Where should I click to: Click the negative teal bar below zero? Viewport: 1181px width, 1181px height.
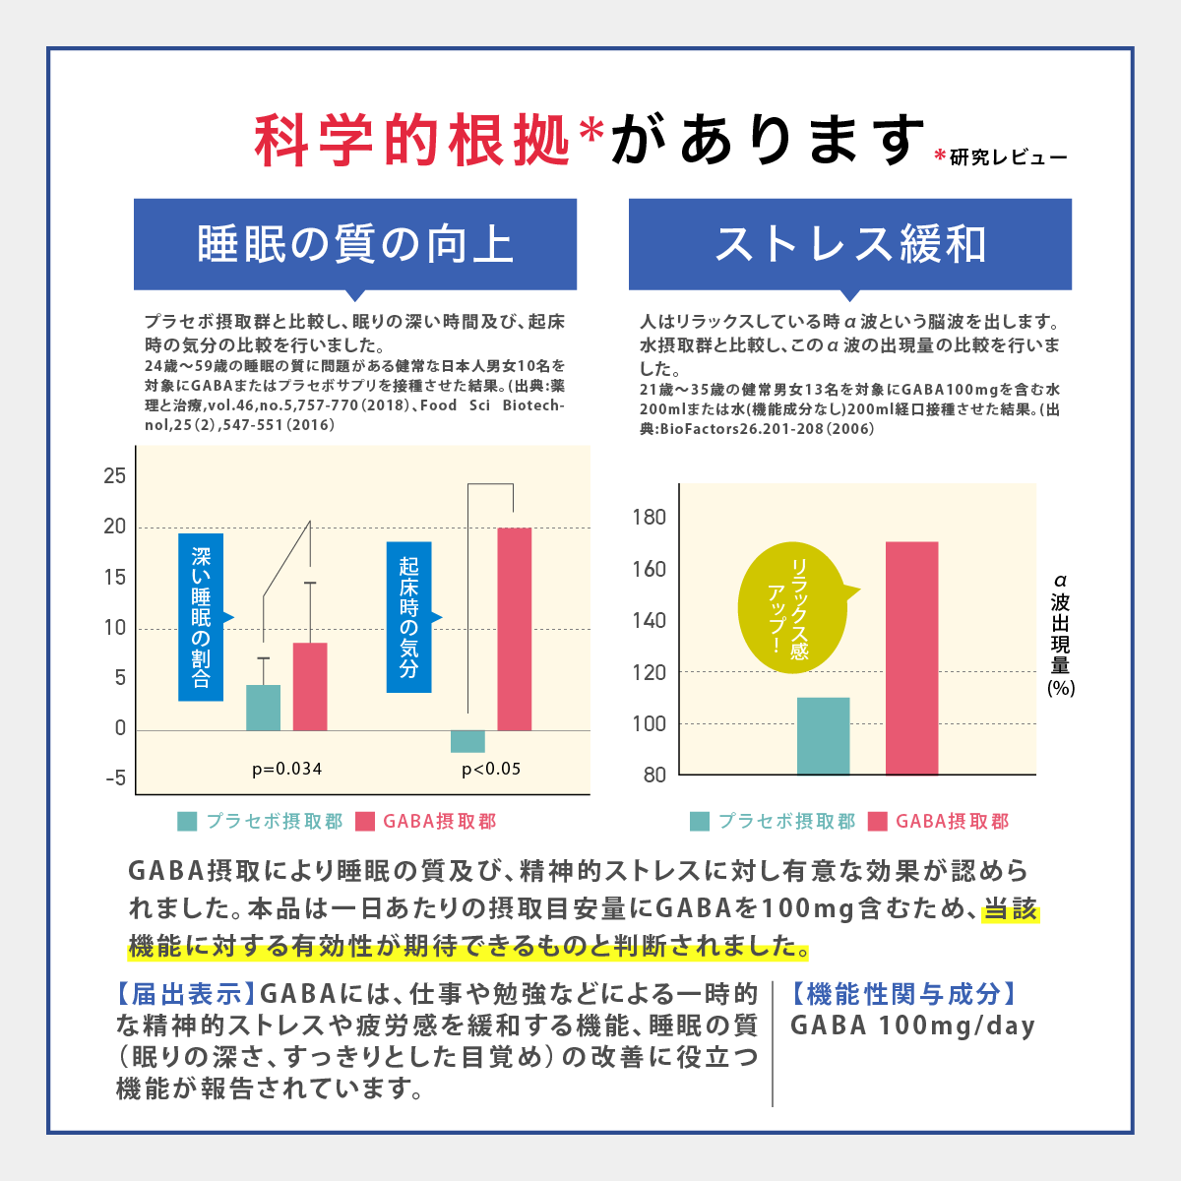click(467, 741)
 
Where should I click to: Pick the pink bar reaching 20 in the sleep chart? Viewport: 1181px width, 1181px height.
click(514, 630)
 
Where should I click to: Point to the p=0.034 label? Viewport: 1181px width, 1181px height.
click(287, 769)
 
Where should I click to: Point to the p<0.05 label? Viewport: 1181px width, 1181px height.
click(491, 769)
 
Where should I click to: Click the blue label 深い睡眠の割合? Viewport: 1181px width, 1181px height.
click(201, 617)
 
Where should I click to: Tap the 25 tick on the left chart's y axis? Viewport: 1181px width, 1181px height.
click(115, 476)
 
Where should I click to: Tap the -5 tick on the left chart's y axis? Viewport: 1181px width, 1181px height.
click(115, 778)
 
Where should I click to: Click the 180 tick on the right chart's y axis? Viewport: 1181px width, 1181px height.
click(649, 518)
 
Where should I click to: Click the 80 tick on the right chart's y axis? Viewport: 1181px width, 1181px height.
click(654, 776)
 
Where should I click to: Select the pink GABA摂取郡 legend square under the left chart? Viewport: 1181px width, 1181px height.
click(365, 821)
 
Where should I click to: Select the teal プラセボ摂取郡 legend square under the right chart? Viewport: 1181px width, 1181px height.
click(700, 821)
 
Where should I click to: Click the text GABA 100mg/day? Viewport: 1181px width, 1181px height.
click(912, 1026)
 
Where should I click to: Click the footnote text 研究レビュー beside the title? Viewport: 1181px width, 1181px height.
click(1008, 157)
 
